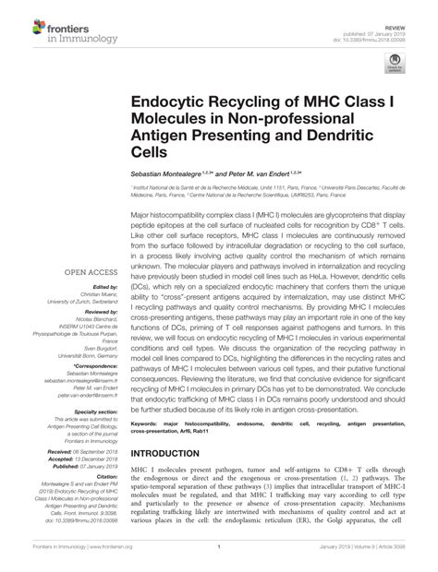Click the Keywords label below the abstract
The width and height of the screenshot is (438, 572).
point(148,425)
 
